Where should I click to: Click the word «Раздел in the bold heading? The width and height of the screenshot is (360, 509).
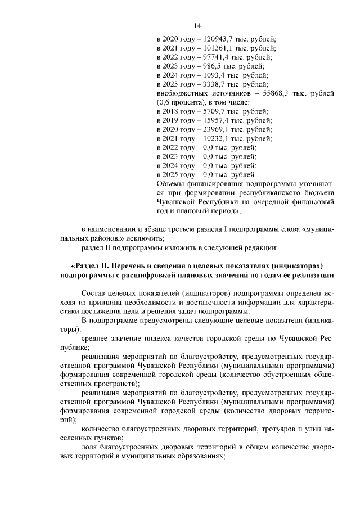point(87,265)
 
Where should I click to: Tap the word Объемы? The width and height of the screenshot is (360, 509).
point(169,183)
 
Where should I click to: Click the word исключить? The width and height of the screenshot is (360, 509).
point(146,238)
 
